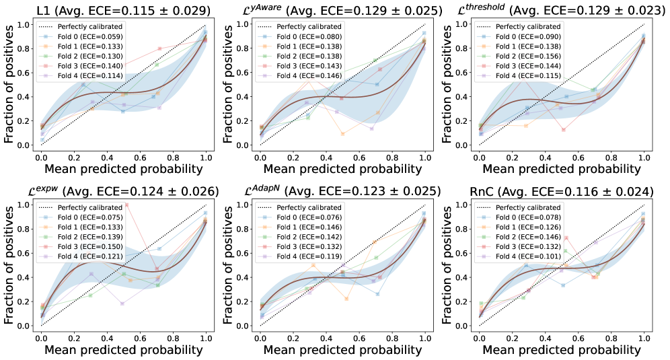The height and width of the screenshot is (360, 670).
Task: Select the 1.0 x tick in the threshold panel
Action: tap(644, 157)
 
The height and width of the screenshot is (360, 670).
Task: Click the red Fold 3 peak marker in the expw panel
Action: tap(126, 205)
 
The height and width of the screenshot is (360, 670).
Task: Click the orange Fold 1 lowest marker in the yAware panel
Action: tap(342, 134)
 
